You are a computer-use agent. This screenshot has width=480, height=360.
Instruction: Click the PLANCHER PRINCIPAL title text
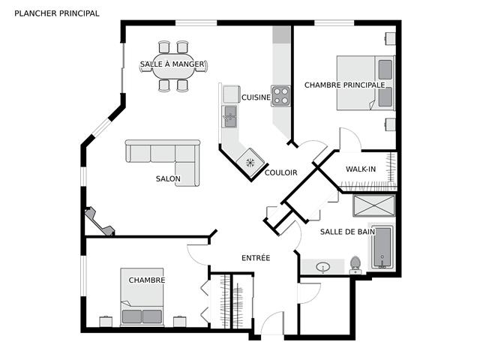pyautogui.click(x=57, y=13)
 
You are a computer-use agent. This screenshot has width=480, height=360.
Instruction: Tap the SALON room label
pyautogui.click(x=168, y=178)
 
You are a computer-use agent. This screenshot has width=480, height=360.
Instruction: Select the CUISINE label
pyautogui.click(x=256, y=97)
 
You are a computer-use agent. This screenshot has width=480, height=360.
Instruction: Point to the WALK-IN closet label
pyautogui.click(x=361, y=169)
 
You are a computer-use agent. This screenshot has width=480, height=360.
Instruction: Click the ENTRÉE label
pyautogui.click(x=256, y=258)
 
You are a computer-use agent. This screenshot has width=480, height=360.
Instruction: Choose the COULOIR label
pyautogui.click(x=280, y=172)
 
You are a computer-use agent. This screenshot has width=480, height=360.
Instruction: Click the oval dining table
pyautogui.click(x=173, y=66)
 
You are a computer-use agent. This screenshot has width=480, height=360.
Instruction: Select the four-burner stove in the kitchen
pyautogui.click(x=280, y=96)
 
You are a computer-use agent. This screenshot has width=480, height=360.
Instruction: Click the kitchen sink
pyautogui.click(x=229, y=117)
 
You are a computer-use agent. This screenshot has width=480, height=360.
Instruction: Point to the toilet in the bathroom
pyautogui.click(x=355, y=265)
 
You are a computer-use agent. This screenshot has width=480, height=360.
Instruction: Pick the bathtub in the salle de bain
pyautogui.click(x=382, y=247)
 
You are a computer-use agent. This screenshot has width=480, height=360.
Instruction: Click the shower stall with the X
pyautogui.click(x=374, y=205)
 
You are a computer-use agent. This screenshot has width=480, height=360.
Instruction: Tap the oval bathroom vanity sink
pyautogui.click(x=323, y=267)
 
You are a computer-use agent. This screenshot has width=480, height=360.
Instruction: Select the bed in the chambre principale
pyautogui.click(x=365, y=82)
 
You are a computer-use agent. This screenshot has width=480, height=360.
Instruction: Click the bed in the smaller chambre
pyautogui.click(x=142, y=297)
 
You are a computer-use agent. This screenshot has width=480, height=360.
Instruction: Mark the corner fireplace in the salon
pyautogui.click(x=100, y=222)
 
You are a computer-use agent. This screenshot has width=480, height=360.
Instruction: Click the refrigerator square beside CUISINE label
pyautogui.click(x=231, y=94)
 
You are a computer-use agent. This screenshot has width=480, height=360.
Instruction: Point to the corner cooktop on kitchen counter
pyautogui.click(x=250, y=163)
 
